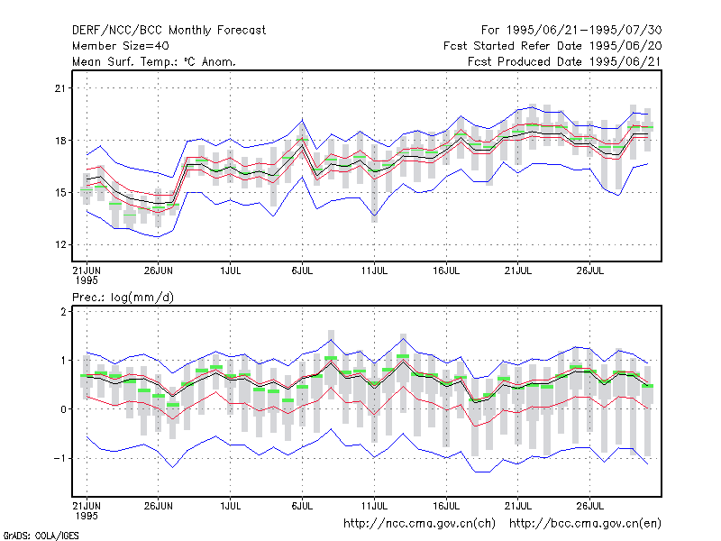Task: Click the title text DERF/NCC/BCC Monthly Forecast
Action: point(169,31)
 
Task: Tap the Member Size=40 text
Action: point(121,46)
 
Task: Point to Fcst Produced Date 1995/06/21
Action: point(565,61)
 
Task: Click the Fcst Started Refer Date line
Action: point(552,46)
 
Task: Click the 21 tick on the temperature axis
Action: point(60,88)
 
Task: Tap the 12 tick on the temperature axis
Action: point(60,244)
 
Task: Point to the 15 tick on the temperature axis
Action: point(60,193)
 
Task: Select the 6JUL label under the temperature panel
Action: point(302,270)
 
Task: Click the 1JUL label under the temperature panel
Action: point(231,270)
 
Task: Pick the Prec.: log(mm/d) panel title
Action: point(123,298)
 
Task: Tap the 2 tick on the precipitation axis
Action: point(63,311)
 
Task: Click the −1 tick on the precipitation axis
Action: point(59,458)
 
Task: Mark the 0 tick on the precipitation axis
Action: point(63,409)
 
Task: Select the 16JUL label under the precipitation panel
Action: point(446,506)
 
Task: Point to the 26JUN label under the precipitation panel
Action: point(159,506)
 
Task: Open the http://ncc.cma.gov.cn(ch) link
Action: point(419,524)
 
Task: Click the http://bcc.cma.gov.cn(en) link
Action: point(585,524)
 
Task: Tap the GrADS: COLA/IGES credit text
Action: point(41,536)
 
